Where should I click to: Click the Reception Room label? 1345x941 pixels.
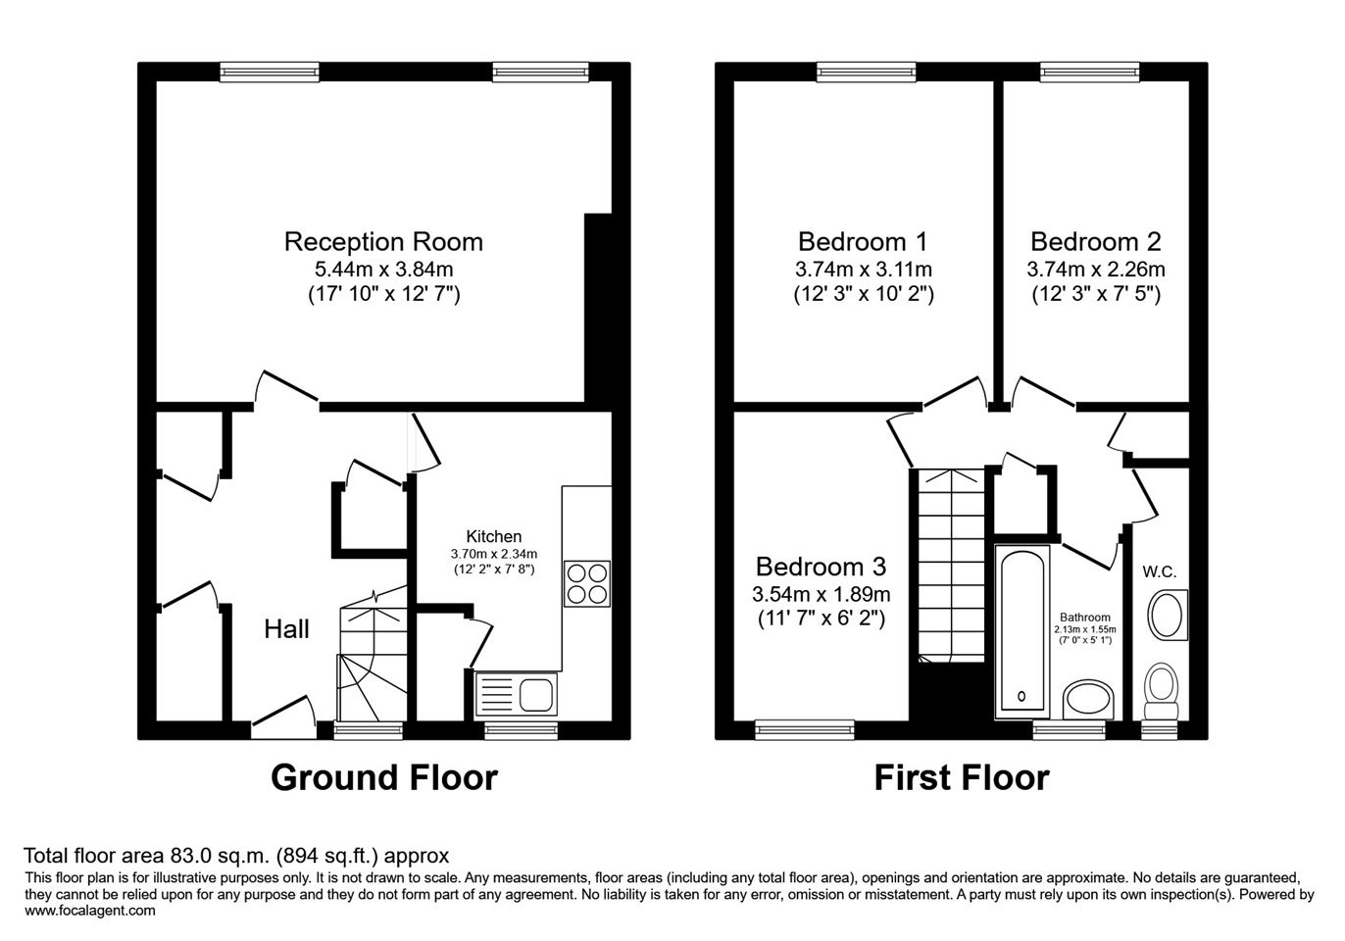coord(383,242)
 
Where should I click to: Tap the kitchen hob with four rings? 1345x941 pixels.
coord(586,583)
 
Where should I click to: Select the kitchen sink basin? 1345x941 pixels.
coord(535,695)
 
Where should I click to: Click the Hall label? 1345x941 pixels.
coord(287,629)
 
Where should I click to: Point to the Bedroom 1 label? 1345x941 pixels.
coord(863,242)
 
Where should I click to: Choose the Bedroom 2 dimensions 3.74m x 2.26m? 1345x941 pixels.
coord(1096,269)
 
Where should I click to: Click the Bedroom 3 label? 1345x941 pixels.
coord(821,567)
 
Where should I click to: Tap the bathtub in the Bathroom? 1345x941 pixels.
coord(1022,631)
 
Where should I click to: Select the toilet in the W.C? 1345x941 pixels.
coord(1162,691)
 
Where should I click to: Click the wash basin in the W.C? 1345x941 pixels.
coord(1168,615)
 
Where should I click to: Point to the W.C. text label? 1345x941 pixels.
coord(1160,572)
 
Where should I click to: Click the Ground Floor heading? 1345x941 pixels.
coord(384,777)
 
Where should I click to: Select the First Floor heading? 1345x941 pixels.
coord(962,777)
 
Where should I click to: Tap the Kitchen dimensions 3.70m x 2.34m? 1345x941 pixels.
coord(494,554)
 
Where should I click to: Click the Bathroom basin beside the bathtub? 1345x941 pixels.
coord(1088,700)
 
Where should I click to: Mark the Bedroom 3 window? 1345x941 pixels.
coord(805,729)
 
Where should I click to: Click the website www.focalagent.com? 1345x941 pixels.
coord(90,911)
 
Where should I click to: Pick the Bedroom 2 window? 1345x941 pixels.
coord(1090,72)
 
